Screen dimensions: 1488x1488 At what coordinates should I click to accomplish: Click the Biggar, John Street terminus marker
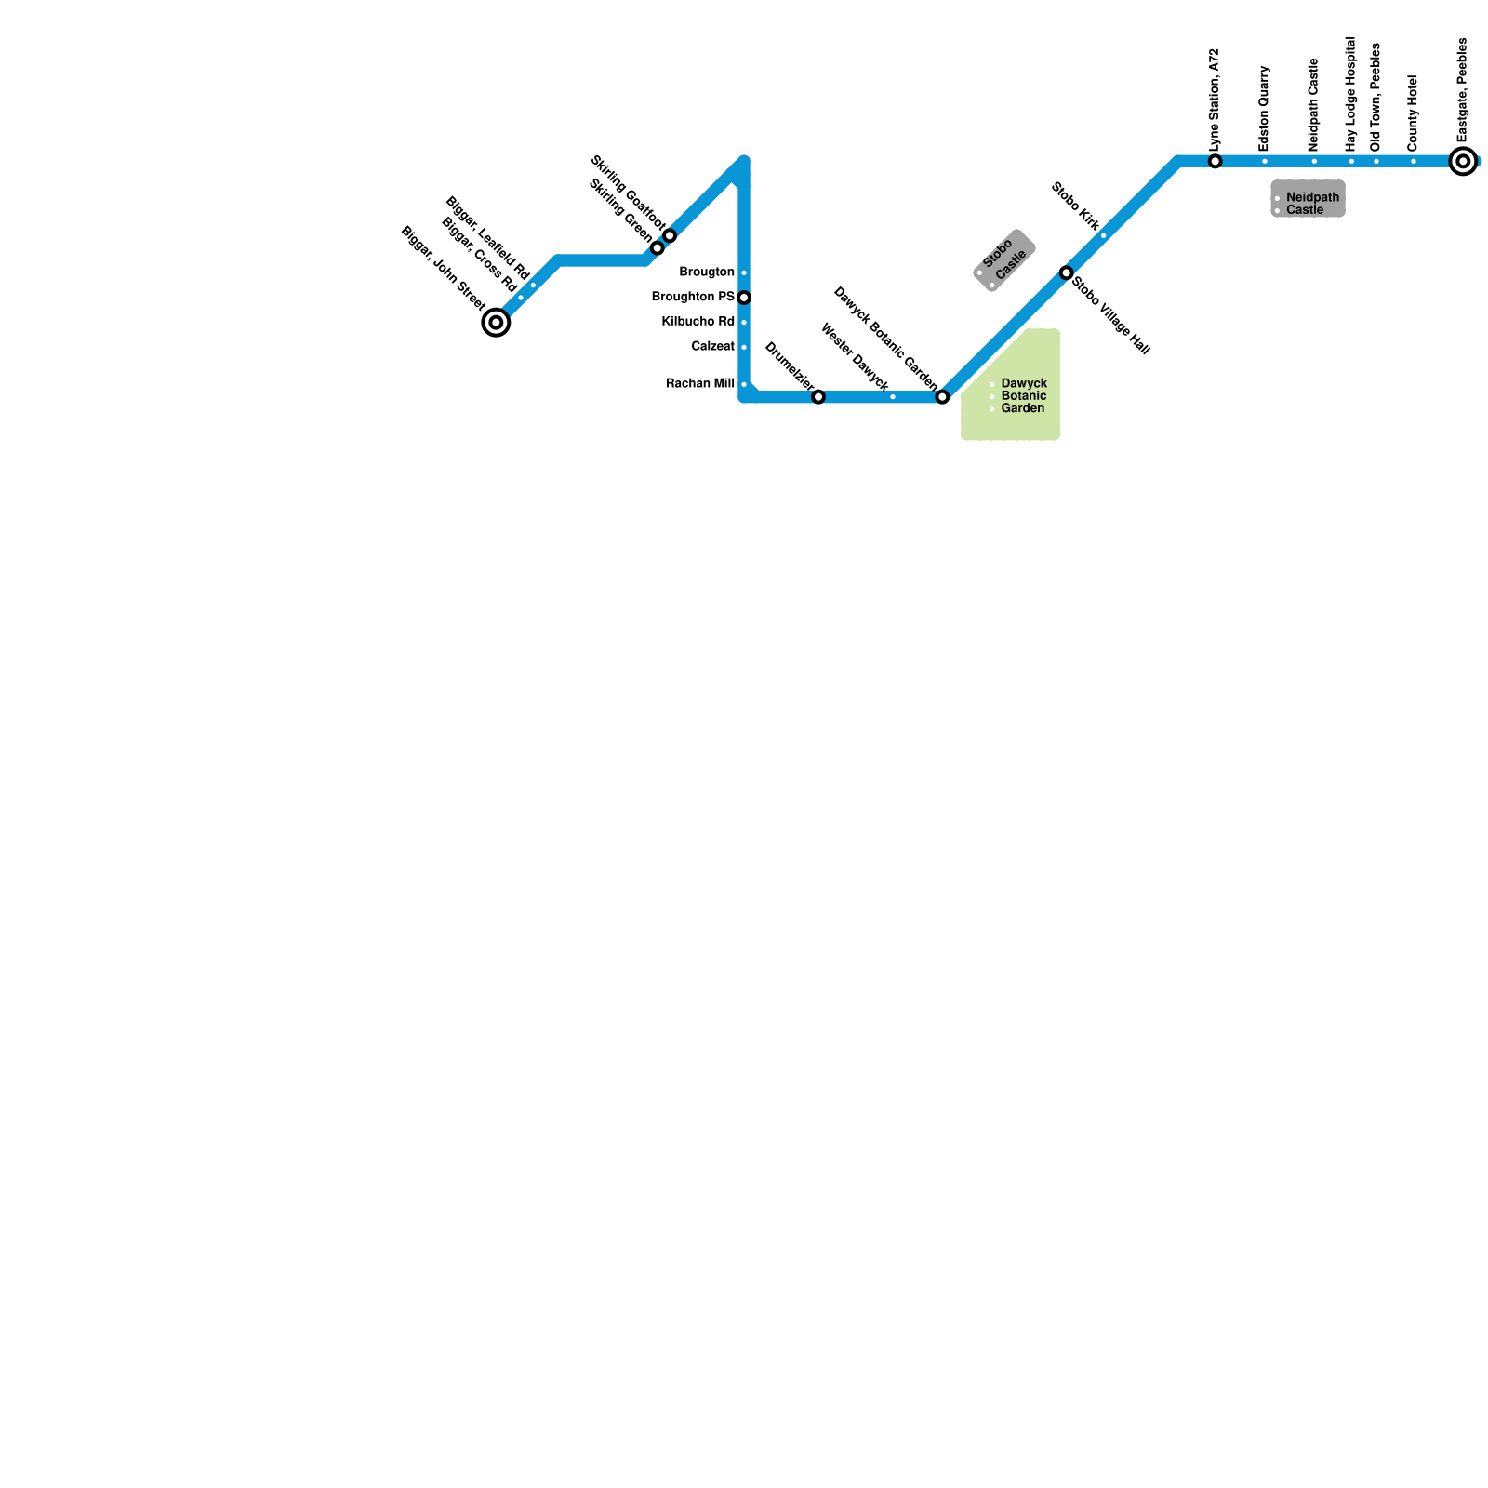click(x=497, y=323)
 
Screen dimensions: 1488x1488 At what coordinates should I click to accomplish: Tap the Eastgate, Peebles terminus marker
click(x=1464, y=162)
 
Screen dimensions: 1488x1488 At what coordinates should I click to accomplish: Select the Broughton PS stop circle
click(x=744, y=298)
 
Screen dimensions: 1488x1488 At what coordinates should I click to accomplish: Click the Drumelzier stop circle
click(x=818, y=397)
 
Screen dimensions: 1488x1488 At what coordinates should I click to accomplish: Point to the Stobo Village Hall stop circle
click(x=1067, y=272)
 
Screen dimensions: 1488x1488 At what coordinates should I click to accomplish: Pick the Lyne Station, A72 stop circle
click(x=1216, y=162)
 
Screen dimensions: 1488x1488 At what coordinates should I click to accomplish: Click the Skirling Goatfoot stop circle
click(x=670, y=236)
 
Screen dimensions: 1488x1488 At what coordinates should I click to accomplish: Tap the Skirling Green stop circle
click(x=658, y=248)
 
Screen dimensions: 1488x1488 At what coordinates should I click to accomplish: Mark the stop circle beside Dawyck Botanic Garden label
click(x=942, y=397)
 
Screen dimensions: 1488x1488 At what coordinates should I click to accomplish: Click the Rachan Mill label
click(x=700, y=383)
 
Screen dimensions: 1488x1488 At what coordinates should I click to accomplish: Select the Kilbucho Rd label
click(x=697, y=322)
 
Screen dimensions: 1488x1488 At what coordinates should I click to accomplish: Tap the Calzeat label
click(x=712, y=346)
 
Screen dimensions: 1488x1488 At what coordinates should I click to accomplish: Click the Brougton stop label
click(x=707, y=272)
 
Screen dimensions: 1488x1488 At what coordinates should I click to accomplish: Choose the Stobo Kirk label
click(x=1076, y=206)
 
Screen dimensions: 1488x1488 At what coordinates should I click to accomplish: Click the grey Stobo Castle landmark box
click(x=1004, y=260)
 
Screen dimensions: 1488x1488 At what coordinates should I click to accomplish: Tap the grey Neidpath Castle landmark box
click(x=1308, y=199)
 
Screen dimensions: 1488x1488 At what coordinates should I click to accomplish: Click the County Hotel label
click(x=1413, y=113)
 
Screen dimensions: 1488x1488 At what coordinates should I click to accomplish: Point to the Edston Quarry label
click(x=1264, y=109)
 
